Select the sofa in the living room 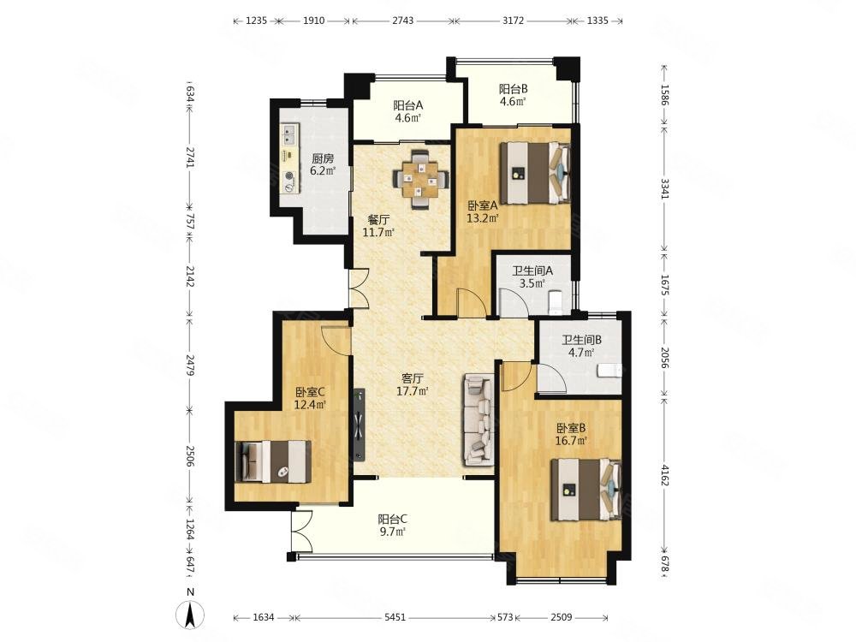point(479,419)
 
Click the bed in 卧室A point(536,173)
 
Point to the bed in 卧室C point(273,461)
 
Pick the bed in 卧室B point(586,490)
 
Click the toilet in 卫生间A point(555,304)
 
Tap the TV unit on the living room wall point(359,425)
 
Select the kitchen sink point(290,136)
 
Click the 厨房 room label point(322,159)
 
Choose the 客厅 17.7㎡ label point(413,383)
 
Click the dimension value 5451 point(395,617)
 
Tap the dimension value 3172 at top point(513,21)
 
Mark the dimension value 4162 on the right point(664,475)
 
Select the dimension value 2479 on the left point(189,365)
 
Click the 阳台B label point(513,88)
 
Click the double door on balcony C point(301,532)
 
